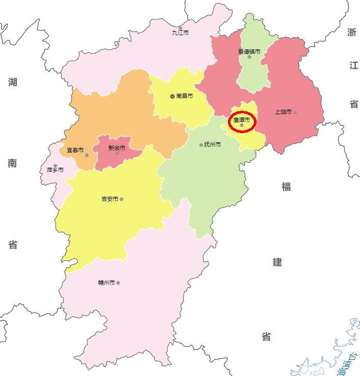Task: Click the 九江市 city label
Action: pos(180,33)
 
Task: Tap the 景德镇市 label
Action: pos(249,51)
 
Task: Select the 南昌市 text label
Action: pos(184,96)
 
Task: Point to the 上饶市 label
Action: pos(283,112)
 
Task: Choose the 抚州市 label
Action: pos(212,145)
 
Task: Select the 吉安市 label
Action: pos(110,199)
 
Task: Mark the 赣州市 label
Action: pos(107,283)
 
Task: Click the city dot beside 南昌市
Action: pos(172,96)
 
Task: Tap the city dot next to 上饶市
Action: pos(295,112)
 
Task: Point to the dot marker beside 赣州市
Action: pos(118,283)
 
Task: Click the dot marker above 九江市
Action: pos(180,28)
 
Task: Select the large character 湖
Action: pos(13,82)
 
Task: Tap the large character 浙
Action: pos(352,33)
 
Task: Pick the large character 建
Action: pos(277,262)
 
